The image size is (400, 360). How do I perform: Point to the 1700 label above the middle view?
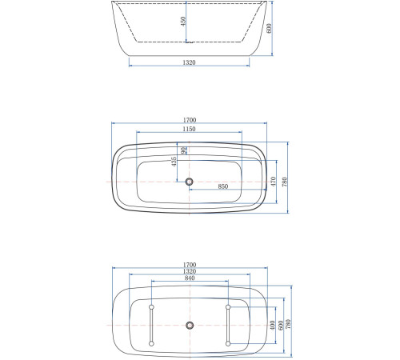pyautogui.click(x=190, y=120)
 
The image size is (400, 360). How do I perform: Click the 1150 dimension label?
pyautogui.click(x=190, y=129)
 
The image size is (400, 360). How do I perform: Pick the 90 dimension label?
pyautogui.click(x=184, y=150)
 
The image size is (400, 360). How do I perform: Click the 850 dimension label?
pyautogui.click(x=223, y=186)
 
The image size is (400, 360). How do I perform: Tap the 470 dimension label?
pyautogui.click(x=273, y=182)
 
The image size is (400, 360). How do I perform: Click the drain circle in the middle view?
pyautogui.click(x=190, y=182)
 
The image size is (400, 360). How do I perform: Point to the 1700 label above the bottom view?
pyautogui.click(x=190, y=265)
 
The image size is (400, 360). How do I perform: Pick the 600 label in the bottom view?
pyautogui.click(x=281, y=325)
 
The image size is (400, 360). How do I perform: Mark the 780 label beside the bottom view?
pyautogui.click(x=290, y=325)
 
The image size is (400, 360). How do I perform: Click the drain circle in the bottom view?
pyautogui.click(x=190, y=325)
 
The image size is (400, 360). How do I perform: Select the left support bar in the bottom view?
pyautogui.click(x=150, y=325)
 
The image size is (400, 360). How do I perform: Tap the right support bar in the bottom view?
pyautogui.click(x=229, y=325)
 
